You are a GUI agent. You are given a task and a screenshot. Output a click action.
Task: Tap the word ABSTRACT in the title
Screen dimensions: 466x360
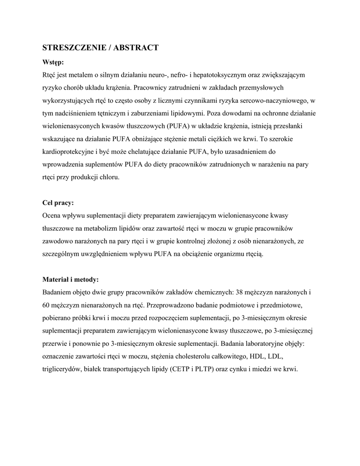136,48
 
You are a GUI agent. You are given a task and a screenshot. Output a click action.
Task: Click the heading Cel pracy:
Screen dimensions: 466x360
58,203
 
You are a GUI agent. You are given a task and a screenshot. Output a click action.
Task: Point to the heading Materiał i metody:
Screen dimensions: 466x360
71,279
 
